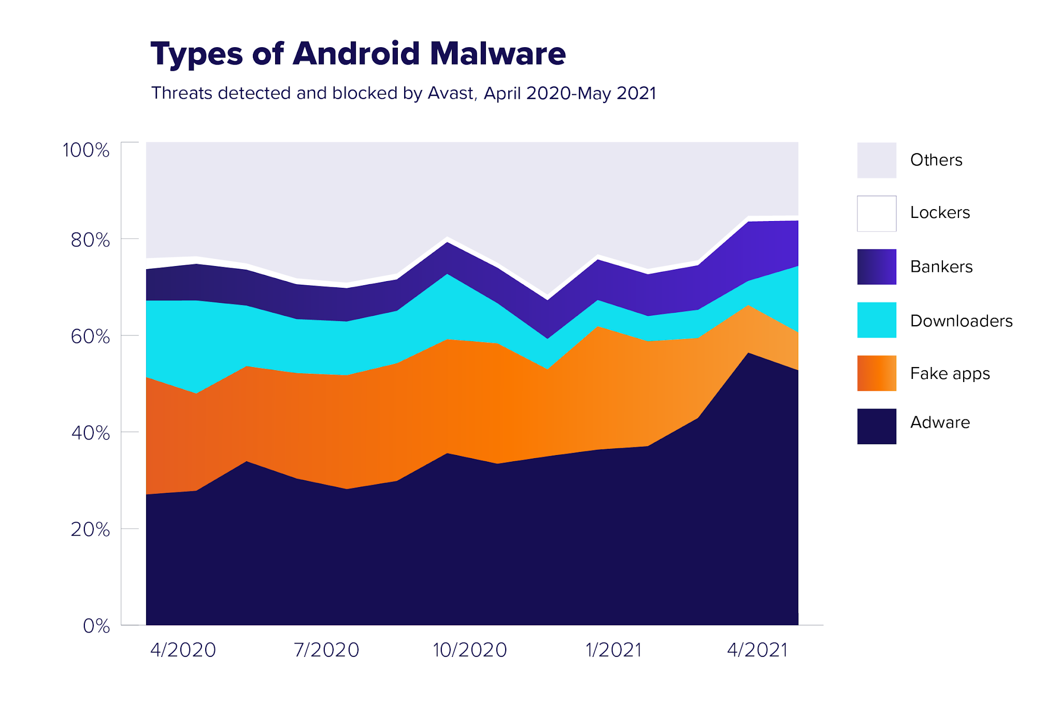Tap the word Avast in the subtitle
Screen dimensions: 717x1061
point(451,93)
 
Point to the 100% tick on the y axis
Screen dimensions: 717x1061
point(86,150)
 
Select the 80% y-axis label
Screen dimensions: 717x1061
point(90,240)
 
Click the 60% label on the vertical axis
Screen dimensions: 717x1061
point(90,336)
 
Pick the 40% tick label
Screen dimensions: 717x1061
point(90,433)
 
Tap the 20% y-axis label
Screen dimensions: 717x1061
point(90,530)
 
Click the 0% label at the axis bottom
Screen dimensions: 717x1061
point(96,626)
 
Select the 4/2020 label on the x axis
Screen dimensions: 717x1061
point(183,650)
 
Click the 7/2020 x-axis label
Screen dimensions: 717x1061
point(326,650)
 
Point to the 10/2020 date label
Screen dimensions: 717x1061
point(470,650)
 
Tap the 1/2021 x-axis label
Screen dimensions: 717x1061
point(613,650)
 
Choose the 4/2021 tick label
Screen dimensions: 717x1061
point(757,650)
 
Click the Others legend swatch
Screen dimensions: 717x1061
point(877,160)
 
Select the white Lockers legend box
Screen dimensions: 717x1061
point(877,213)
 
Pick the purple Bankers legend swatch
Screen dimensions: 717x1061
point(877,267)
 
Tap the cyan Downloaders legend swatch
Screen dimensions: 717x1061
point(877,320)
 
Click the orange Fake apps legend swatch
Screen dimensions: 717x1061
point(877,373)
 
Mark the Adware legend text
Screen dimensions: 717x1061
point(940,422)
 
